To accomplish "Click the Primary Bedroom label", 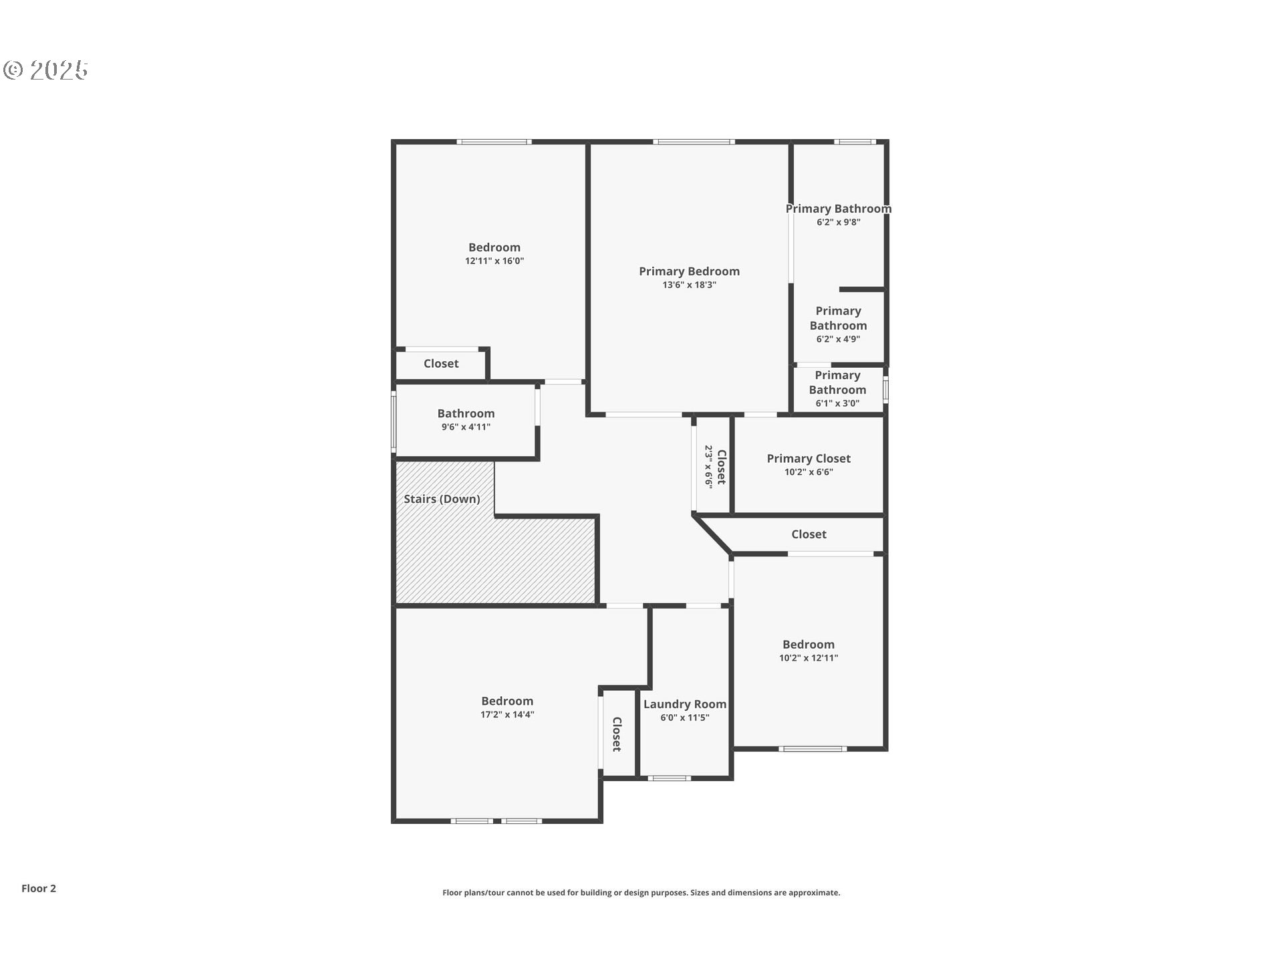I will click(689, 271).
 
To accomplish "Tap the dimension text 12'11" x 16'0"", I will click(494, 261).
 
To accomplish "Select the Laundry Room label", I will click(684, 704).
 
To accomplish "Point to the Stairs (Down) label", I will click(442, 499).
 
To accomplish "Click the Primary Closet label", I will click(808, 458).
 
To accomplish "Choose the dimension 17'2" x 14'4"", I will click(507, 714).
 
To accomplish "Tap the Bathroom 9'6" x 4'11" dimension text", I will click(466, 427).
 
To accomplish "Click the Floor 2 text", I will click(39, 888).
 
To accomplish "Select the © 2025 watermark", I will click(45, 70).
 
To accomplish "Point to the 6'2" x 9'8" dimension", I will click(838, 222).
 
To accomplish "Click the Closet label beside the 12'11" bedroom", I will click(441, 363).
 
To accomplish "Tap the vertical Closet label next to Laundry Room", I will click(617, 734).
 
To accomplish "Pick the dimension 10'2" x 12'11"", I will click(808, 657).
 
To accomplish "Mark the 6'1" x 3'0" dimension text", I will click(837, 403).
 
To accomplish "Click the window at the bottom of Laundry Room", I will click(669, 778).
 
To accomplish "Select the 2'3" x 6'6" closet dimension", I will click(709, 466).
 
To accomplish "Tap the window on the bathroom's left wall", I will click(394, 421).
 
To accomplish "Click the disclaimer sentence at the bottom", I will click(641, 892).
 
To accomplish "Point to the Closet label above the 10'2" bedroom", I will click(809, 534).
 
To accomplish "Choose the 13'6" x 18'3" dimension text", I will click(689, 285).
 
